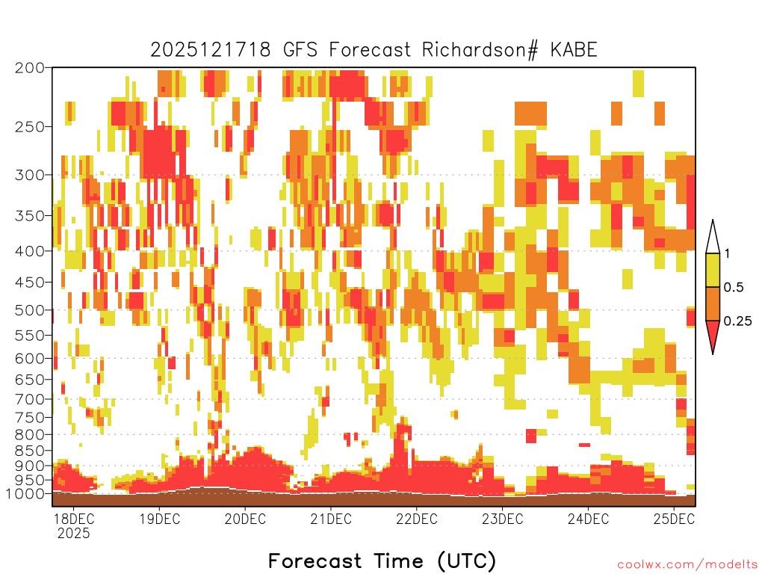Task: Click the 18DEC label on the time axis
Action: [x=73, y=519]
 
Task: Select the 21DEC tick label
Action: [x=331, y=519]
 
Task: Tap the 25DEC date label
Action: [x=674, y=519]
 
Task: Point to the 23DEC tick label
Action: [x=503, y=519]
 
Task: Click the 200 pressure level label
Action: [x=30, y=68]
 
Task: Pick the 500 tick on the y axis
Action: [x=30, y=310]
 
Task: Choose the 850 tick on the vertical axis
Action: [x=30, y=451]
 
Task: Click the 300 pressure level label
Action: [x=30, y=175]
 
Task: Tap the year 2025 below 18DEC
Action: [x=74, y=533]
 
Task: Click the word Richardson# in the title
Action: [x=480, y=50]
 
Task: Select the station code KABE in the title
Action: [x=574, y=50]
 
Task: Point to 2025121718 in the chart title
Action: [x=210, y=50]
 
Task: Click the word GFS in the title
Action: [x=300, y=50]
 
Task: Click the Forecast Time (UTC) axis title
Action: [x=382, y=561]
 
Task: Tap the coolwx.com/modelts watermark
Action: [x=688, y=565]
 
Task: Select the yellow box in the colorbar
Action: [x=713, y=270]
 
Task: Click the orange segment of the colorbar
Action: [x=713, y=303]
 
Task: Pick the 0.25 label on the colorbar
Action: [x=737, y=321]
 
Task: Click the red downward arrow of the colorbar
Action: [x=713, y=335]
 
